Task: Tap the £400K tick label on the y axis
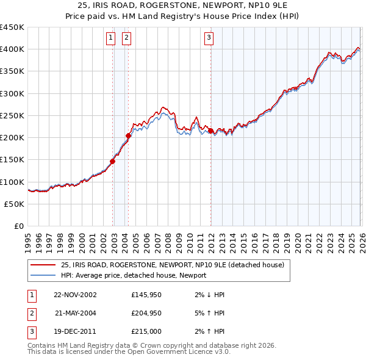[x=12, y=49]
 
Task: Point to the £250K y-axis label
[x=12, y=115]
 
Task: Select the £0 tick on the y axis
[x=18, y=226]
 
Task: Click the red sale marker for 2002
[x=113, y=162]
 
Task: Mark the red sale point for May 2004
[x=129, y=135]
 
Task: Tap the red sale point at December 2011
[x=210, y=131]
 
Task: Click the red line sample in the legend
[x=43, y=265]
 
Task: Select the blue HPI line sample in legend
[x=43, y=276]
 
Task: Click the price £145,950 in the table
[x=145, y=295]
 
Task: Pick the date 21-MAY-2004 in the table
[x=75, y=313]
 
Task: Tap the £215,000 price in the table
[x=145, y=331]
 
